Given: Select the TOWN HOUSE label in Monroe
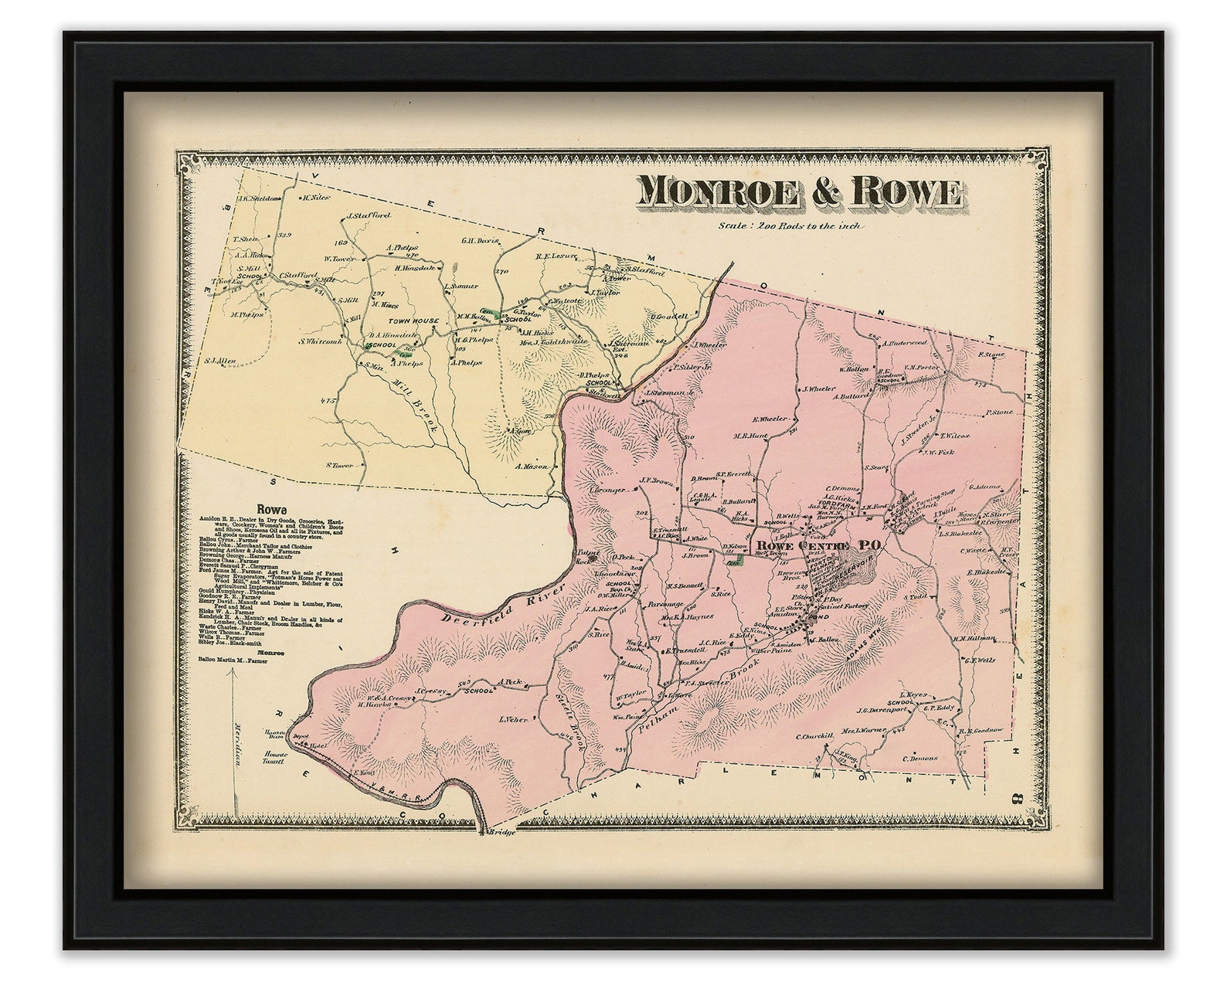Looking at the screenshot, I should pyautogui.click(x=413, y=321).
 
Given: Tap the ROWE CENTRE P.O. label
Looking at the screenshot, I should pyautogui.click(x=818, y=545).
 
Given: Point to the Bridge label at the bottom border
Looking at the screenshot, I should pyautogui.click(x=501, y=833).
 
